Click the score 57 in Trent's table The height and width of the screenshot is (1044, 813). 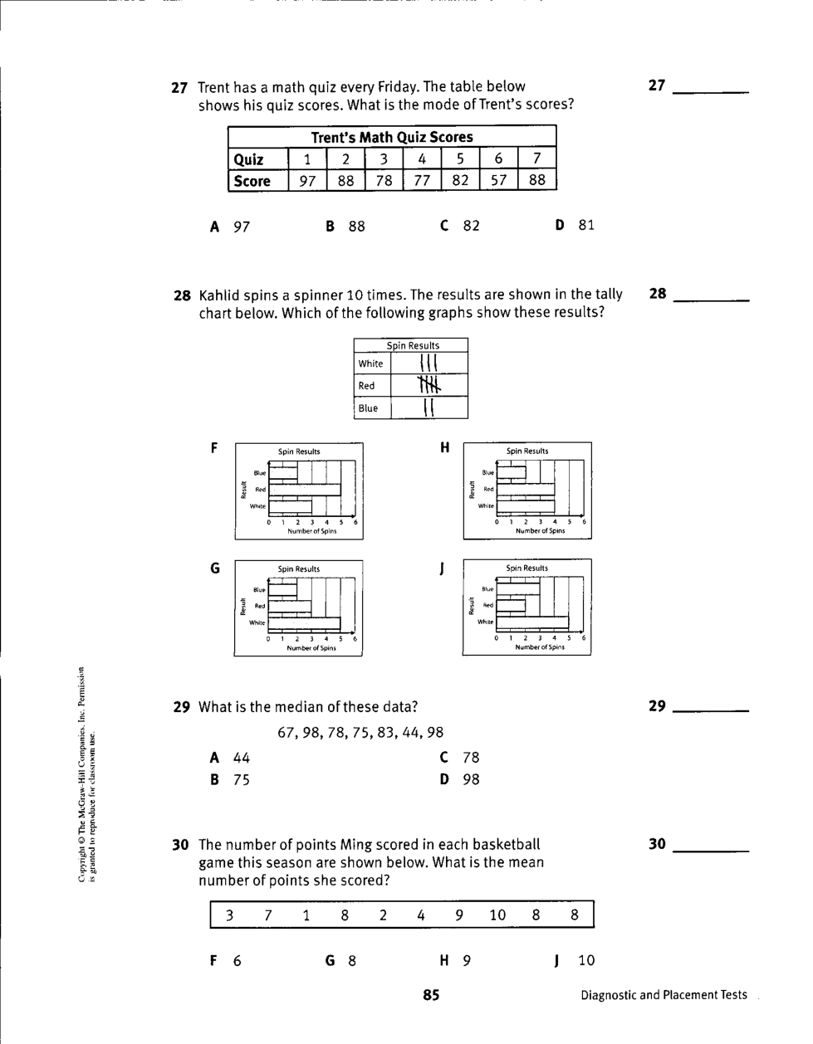[x=498, y=181]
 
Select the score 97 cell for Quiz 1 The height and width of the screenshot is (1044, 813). [x=307, y=181]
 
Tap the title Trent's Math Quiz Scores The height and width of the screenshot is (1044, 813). [x=392, y=137]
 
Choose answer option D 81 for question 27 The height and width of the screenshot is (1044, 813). [x=575, y=225]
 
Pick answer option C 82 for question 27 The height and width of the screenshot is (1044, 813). [x=461, y=226]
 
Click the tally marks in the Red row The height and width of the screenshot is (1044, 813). [x=429, y=385]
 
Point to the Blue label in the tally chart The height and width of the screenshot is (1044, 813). [x=368, y=408]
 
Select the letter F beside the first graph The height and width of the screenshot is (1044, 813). [x=214, y=448]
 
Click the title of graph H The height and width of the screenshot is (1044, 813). [x=527, y=451]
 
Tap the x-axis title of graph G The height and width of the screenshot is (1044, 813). [x=311, y=648]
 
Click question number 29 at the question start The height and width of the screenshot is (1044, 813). [x=182, y=707]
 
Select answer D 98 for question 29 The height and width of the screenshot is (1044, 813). [x=461, y=779]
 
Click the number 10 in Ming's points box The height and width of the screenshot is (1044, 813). [x=497, y=915]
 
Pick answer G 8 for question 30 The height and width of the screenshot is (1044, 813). [x=341, y=961]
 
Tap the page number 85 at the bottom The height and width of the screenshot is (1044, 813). [x=431, y=995]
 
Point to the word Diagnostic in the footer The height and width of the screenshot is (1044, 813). [x=609, y=995]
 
